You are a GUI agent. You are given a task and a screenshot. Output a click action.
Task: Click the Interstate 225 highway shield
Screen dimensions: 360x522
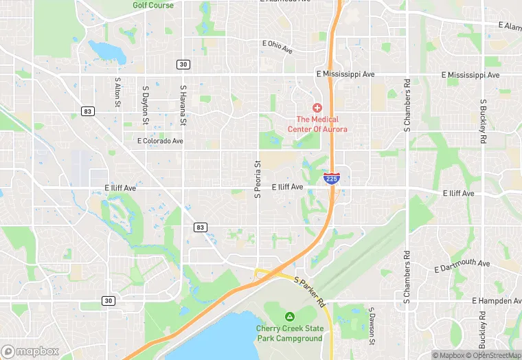pos(332,179)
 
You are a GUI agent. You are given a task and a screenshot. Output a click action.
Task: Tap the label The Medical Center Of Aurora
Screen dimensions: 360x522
pos(317,124)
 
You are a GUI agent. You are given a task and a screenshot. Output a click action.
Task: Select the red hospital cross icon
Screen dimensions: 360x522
pos(317,108)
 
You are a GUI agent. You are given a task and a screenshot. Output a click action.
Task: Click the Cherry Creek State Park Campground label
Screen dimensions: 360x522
pos(289,333)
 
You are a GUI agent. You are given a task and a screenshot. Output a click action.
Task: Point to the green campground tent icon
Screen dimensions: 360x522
pos(289,317)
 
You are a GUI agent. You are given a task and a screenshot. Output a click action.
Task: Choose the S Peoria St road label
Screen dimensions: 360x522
pos(258,179)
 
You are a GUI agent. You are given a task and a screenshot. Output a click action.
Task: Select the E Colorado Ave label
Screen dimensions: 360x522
pos(160,141)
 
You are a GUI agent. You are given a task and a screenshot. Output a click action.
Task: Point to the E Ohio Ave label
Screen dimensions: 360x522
pos(277,47)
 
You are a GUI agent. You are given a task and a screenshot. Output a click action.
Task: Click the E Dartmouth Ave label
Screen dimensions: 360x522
pos(462,264)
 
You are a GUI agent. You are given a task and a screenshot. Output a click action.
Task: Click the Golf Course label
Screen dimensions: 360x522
pos(152,5)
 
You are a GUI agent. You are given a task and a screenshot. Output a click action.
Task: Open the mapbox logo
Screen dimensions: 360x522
pos(30,350)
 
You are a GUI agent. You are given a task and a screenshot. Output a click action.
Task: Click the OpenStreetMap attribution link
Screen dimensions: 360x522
pos(492,355)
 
